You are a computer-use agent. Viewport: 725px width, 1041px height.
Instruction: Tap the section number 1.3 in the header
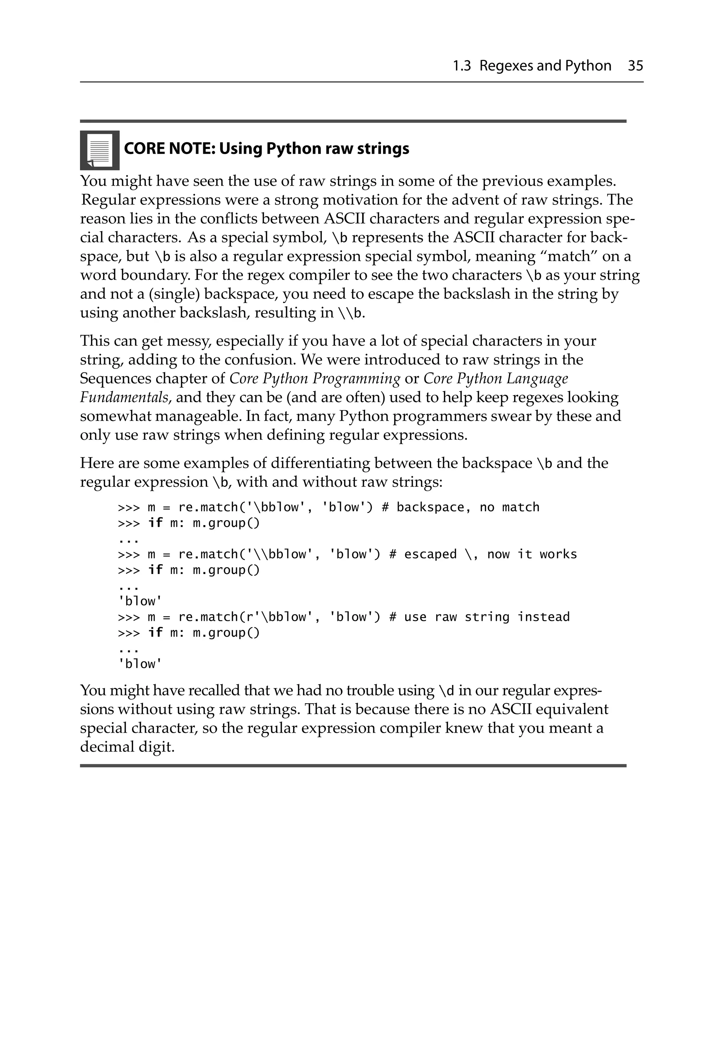coord(461,66)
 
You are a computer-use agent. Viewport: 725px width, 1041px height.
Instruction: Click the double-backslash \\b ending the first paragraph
coord(350,313)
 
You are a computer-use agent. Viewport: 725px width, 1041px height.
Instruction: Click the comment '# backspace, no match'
coord(460,507)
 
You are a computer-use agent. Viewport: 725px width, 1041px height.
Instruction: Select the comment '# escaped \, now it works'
coord(483,554)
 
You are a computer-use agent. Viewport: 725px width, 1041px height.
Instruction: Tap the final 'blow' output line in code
coord(139,664)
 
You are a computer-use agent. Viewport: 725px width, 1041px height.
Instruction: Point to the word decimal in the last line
coord(107,747)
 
